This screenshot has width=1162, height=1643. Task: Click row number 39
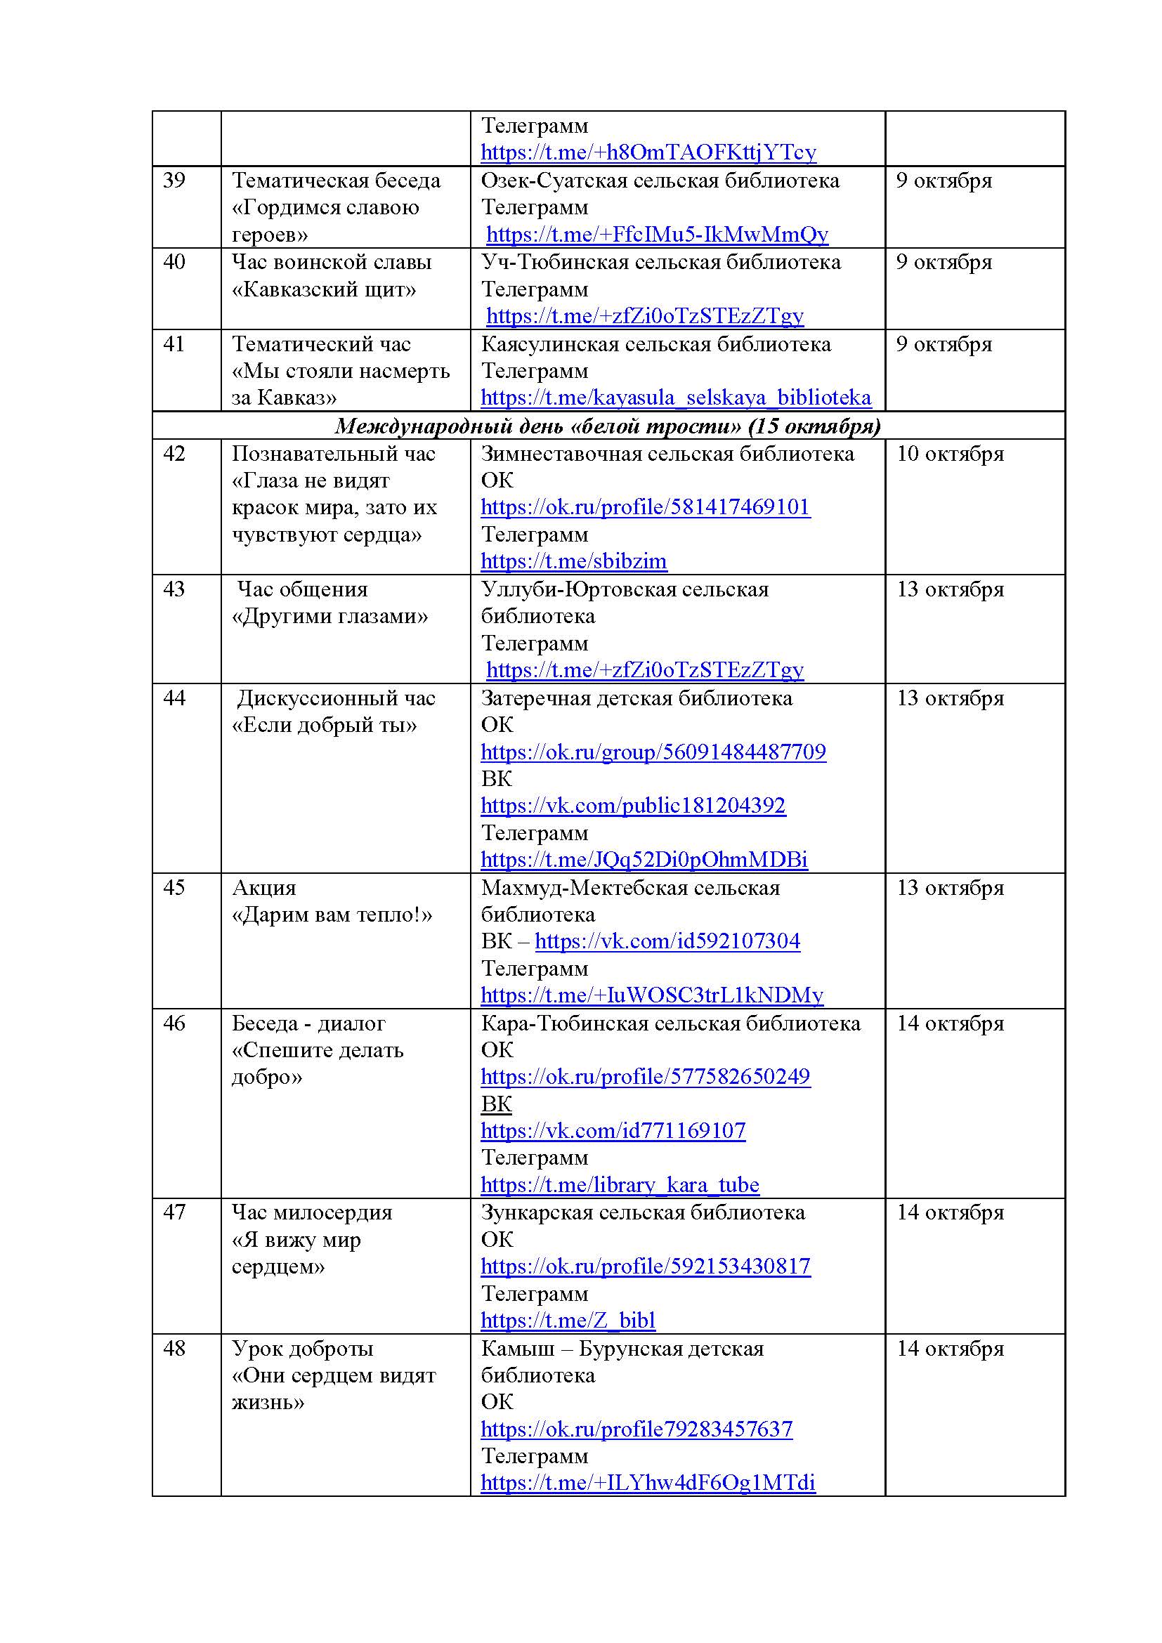(174, 181)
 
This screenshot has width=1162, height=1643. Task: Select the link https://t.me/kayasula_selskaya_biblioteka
(675, 398)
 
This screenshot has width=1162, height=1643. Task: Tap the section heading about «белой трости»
(608, 426)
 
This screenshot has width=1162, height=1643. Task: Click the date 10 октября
(950, 454)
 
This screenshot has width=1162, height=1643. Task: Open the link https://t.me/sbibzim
(573, 561)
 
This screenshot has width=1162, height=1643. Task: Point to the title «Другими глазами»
(330, 616)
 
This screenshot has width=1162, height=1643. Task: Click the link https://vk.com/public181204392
(632, 806)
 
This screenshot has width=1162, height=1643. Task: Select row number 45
(174, 887)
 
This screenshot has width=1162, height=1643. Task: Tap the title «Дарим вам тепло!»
(332, 915)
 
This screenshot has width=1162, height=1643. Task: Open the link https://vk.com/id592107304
(667, 941)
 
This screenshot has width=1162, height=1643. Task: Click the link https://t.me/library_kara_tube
(620, 1185)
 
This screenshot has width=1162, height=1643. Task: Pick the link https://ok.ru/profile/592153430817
(646, 1266)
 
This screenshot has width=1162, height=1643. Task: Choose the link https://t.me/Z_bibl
(568, 1321)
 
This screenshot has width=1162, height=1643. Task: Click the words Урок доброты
(302, 1348)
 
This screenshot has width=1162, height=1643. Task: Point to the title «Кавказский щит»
(323, 289)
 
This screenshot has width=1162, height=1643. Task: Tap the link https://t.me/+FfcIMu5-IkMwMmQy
(657, 235)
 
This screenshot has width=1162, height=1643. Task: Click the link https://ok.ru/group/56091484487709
(653, 752)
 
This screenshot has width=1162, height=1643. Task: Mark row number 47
(174, 1212)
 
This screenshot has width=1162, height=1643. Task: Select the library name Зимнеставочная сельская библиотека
(667, 454)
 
